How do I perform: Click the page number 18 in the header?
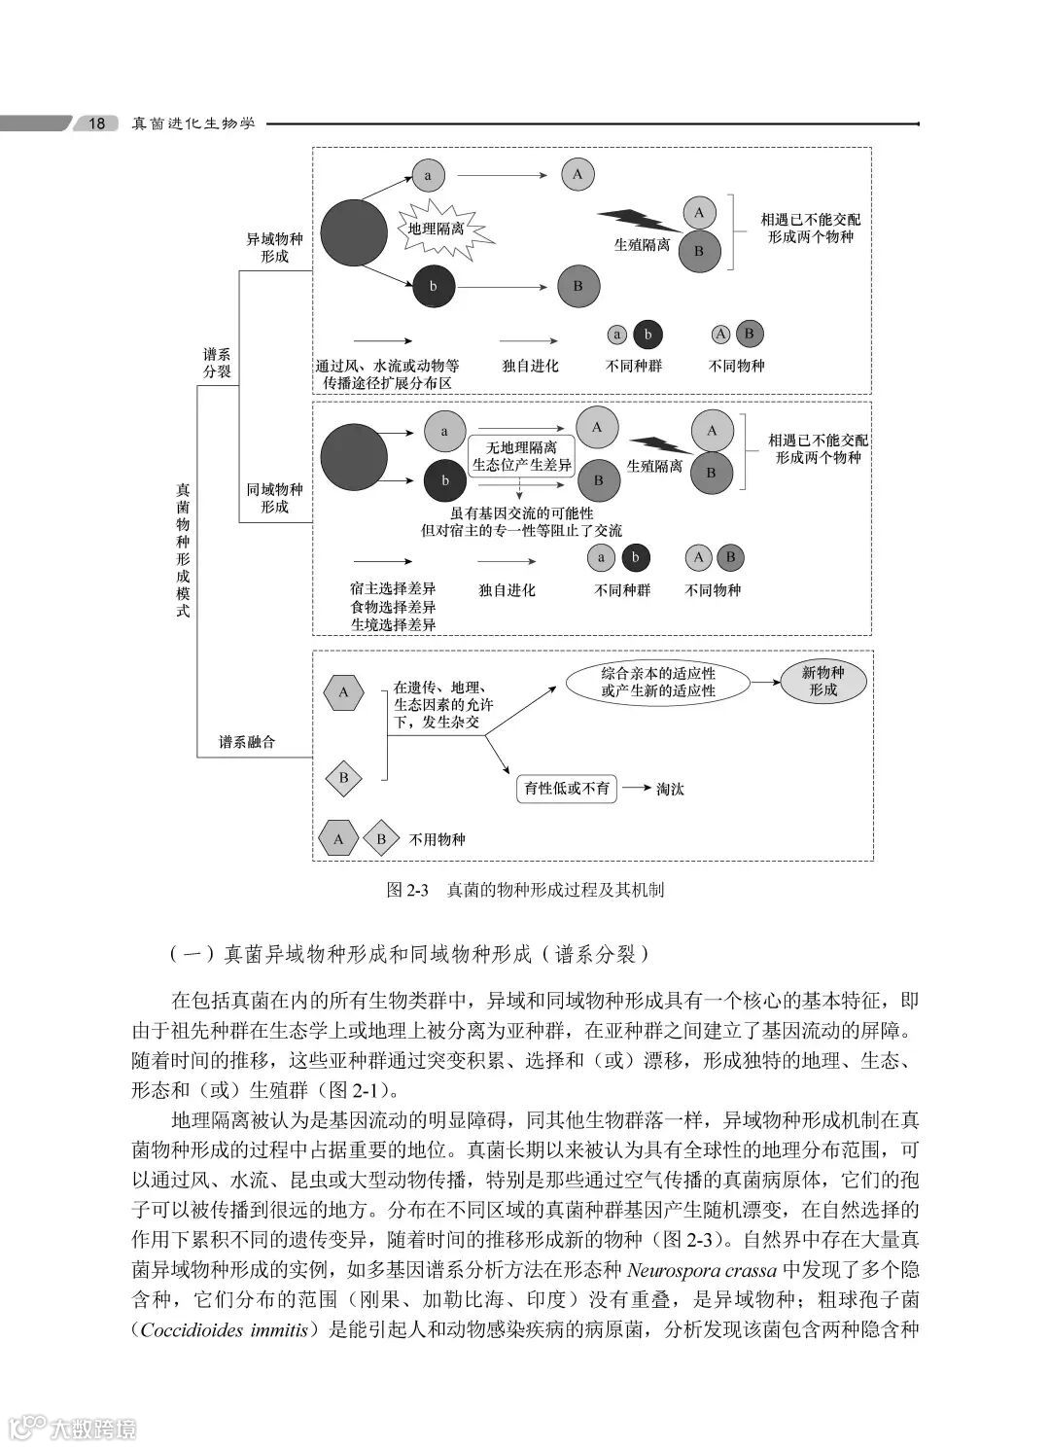97,124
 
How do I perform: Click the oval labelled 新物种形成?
822,681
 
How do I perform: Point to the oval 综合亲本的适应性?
657,682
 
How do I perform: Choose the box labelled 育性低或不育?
567,789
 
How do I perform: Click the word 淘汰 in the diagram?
670,789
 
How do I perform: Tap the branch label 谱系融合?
247,742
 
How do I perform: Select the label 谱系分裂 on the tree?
217,363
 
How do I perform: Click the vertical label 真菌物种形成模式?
183,550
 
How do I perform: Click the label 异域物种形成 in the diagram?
274,248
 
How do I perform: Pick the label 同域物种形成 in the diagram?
274,498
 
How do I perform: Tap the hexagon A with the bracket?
343,693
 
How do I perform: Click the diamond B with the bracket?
343,778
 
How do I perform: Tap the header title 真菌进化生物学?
193,124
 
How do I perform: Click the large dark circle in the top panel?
354,232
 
